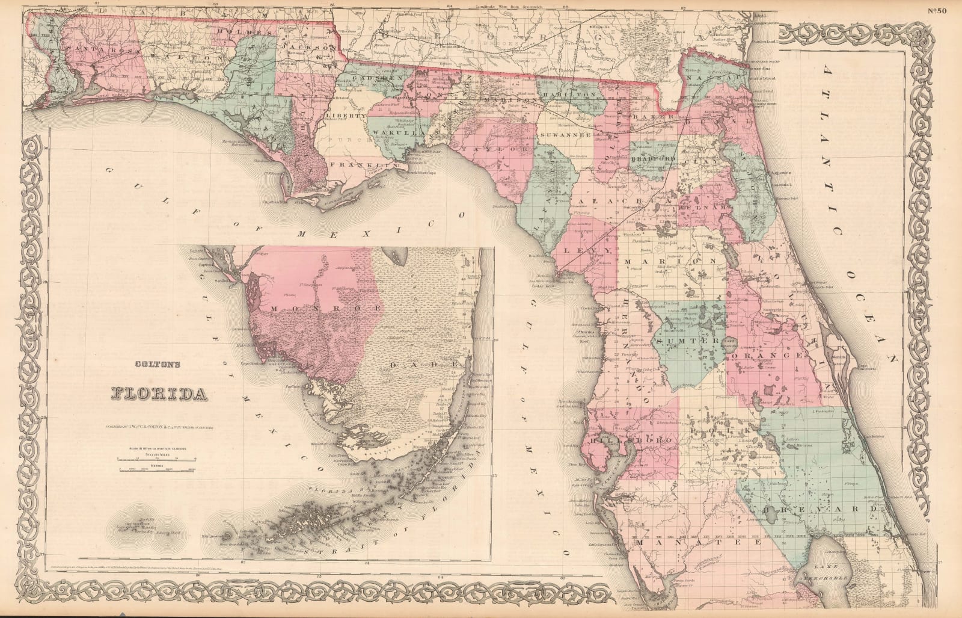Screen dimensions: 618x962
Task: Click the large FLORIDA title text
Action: pos(156,394)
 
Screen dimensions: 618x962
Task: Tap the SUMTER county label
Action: pos(687,341)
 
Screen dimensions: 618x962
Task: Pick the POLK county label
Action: pos(721,431)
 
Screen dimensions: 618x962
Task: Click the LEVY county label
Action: pos(593,249)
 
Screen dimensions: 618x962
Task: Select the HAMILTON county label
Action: pos(568,96)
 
